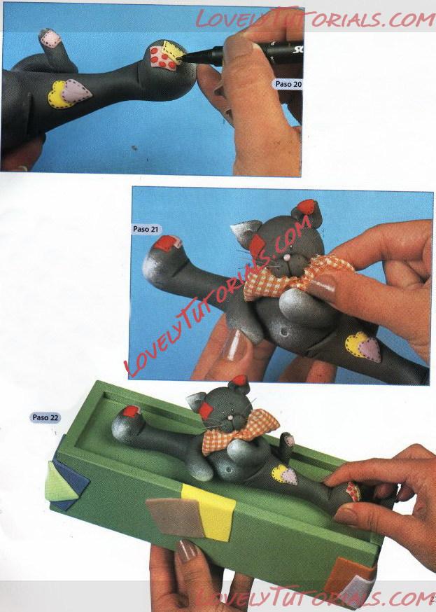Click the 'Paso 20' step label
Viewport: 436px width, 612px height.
288,84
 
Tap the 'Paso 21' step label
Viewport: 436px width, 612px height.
146,229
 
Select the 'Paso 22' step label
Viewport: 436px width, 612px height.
45,417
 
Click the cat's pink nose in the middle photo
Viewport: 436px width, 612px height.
288,257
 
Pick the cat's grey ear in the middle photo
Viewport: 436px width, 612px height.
245,233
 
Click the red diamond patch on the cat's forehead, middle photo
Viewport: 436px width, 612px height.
258,245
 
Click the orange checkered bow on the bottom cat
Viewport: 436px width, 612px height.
240,432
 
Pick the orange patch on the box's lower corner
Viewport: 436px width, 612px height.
346,575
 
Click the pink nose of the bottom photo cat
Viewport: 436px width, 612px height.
230,418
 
